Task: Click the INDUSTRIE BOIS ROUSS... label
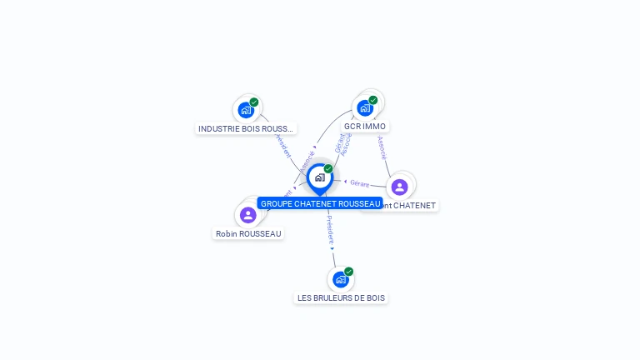point(246,128)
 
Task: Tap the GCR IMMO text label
point(364,127)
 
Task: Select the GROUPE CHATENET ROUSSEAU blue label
point(320,203)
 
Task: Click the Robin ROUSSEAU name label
point(248,233)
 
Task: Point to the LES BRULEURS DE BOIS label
point(342,297)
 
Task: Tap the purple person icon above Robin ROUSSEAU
point(247,215)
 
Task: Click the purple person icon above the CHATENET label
point(399,187)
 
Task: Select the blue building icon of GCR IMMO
point(364,108)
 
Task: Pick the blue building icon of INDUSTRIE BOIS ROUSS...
point(245,110)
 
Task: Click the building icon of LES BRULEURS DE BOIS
point(340,279)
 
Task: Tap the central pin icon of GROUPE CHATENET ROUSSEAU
point(319,177)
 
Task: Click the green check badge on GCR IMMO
point(373,100)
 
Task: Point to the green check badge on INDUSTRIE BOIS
point(254,102)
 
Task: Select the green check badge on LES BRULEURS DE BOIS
point(349,272)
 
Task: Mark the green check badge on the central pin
point(328,169)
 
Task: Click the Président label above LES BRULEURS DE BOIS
point(330,228)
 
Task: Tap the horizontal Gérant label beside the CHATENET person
point(359,182)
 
